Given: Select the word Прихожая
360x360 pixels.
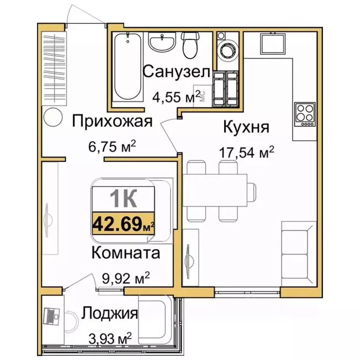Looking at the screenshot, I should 112,122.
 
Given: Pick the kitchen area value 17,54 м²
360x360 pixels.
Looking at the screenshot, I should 247,153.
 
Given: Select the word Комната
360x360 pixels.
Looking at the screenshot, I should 125,253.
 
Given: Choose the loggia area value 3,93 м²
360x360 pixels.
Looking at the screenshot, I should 109,338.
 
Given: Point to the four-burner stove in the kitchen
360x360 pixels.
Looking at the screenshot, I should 304,114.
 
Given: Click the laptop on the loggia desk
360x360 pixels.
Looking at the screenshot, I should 50,317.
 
